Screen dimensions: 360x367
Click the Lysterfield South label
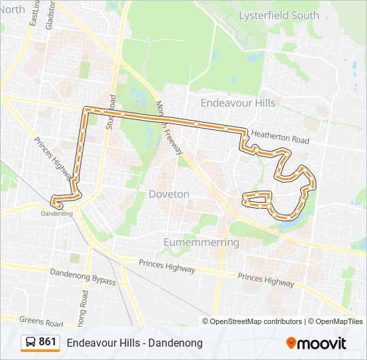(x=279, y=15)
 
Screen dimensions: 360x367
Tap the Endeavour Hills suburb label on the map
(x=238, y=103)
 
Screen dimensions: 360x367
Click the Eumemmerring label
(x=201, y=242)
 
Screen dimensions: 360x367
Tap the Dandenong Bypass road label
(x=83, y=277)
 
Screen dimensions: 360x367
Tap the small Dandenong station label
(x=56, y=213)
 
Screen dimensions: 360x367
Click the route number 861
(x=47, y=342)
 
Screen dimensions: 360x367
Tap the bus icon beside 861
(x=31, y=343)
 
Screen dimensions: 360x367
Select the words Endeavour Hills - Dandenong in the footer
(x=134, y=343)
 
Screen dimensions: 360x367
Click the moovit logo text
(x=322, y=343)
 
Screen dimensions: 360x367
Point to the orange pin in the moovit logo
(x=291, y=343)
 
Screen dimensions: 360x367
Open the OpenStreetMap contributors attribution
(x=256, y=321)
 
